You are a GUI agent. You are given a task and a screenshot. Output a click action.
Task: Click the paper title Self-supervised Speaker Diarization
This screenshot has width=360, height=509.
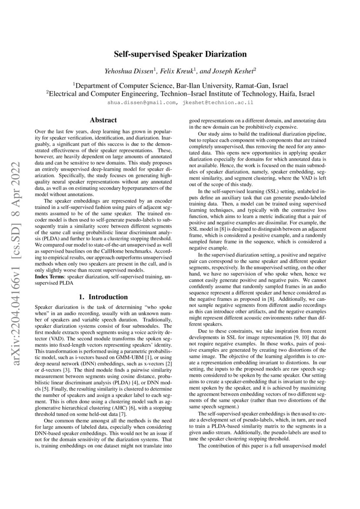180,54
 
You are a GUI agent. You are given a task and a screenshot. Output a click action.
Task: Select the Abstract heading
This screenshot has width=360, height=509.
103,120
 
